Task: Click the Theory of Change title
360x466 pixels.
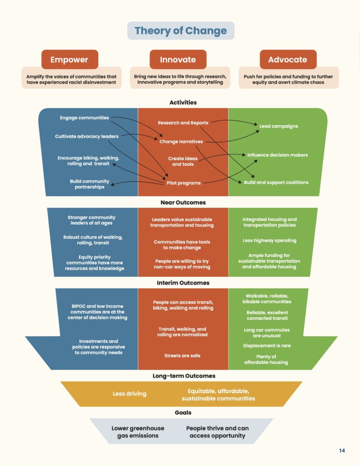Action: (180, 31)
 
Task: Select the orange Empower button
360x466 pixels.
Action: (69, 60)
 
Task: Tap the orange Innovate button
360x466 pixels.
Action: (178, 60)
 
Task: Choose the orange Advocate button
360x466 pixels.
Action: (288, 60)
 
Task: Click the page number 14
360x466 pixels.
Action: (342, 451)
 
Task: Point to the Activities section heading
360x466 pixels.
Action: (183, 102)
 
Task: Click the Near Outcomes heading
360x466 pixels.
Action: (183, 202)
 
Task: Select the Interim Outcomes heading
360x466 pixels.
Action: (184, 283)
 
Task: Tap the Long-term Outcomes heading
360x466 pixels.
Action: (184, 376)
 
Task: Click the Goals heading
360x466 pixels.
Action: (183, 413)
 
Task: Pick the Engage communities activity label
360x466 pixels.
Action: (84, 118)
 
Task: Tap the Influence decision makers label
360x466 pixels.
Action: (277, 155)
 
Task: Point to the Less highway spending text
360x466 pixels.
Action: (270, 241)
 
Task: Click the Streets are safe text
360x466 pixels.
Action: (182, 356)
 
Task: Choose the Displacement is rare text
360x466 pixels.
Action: (267, 346)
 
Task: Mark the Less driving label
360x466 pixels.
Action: (129, 394)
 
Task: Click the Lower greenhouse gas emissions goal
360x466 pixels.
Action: (138, 432)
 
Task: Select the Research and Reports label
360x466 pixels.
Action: (183, 123)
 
